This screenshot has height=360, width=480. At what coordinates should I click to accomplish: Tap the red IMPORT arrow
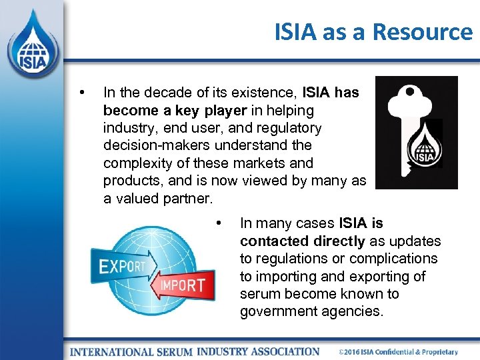pos(180,285)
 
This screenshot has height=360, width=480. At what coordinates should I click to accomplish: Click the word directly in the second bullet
pos(337,241)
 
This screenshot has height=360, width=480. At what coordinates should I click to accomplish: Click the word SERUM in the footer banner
pos(175,351)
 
